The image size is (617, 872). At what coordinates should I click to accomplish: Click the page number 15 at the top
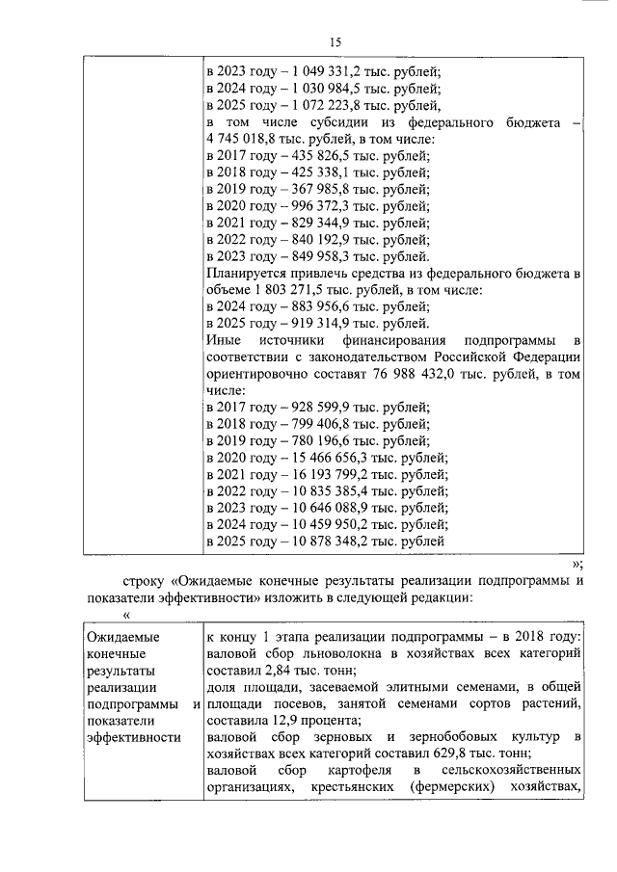pos(335,41)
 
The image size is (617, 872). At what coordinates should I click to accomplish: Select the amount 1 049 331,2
pos(317,71)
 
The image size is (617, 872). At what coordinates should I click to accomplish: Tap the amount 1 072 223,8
pos(317,106)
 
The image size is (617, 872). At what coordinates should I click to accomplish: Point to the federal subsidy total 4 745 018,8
pos(242,141)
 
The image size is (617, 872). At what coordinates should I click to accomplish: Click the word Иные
pos(224,341)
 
